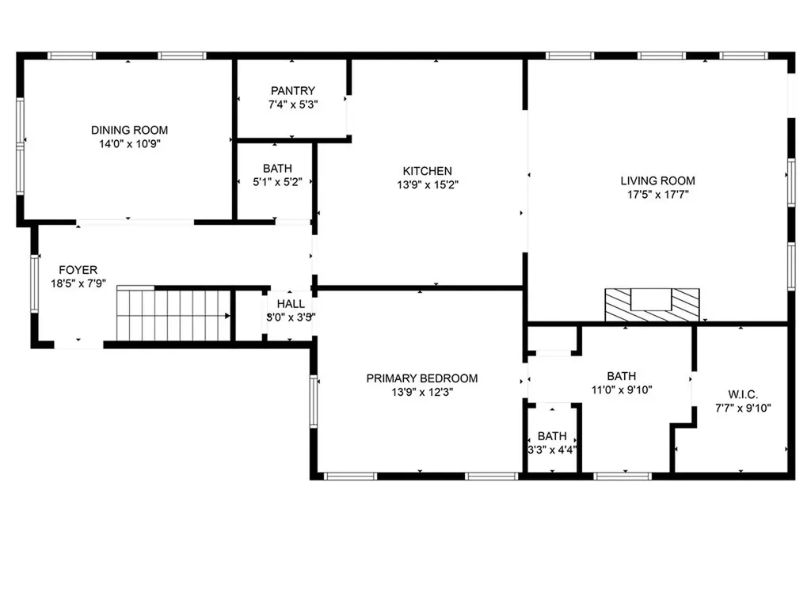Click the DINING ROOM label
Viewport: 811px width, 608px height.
129,131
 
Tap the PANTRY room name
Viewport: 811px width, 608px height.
292,91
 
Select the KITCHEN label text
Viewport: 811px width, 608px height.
427,171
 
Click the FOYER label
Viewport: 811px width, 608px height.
78,271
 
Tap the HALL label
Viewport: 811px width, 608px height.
291,304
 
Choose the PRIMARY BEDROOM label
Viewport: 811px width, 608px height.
421,378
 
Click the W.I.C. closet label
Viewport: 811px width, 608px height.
743,394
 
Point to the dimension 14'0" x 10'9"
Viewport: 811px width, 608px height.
129,144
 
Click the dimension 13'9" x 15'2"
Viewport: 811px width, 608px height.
427,184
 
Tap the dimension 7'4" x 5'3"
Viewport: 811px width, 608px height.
292,104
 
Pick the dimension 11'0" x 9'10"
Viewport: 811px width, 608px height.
621,389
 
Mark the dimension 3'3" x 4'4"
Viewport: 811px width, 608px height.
552,449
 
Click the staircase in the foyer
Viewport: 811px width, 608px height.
173,314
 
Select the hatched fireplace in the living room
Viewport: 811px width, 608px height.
653,304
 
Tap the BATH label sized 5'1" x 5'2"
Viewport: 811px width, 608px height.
277,169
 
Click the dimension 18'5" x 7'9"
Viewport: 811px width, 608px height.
78,284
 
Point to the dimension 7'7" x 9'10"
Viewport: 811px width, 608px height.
743,408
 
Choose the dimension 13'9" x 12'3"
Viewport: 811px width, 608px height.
421,392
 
